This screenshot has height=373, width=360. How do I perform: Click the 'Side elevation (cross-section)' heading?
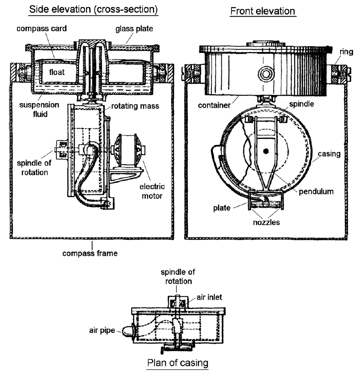93,9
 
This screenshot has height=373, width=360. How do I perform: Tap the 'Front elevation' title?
263,11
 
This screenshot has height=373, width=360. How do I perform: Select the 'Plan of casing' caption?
178,363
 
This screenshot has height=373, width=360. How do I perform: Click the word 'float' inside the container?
57,72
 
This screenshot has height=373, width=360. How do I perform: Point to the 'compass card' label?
41,28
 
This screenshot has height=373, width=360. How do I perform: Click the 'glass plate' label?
134,29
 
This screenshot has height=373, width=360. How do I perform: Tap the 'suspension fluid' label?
39,109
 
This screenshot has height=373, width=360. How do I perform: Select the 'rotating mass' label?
135,106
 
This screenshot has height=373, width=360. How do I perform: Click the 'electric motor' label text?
152,191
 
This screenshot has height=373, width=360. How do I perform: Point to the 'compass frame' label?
90,253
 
